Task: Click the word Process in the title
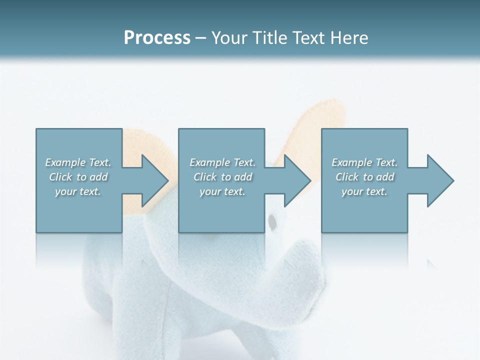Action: pyautogui.click(x=157, y=38)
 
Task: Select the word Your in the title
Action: pyautogui.click(x=228, y=38)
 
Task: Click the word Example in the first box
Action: pyautogui.click(x=65, y=162)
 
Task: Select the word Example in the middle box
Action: pyautogui.click(x=209, y=162)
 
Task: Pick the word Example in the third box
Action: pyautogui.click(x=351, y=162)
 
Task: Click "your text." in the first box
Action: pyautogui.click(x=78, y=191)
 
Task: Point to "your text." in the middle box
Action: pyautogui.click(x=222, y=191)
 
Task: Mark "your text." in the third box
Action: pyautogui.click(x=364, y=191)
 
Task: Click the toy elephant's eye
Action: pyautogui.click(x=272, y=220)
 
